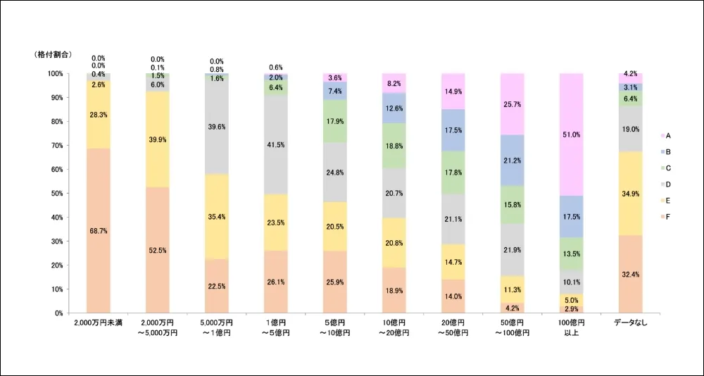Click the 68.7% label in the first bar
click(99, 231)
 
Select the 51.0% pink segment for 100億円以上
click(572, 134)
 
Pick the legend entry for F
click(667, 216)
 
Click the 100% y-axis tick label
click(55, 73)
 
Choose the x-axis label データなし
click(631, 323)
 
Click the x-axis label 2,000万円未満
click(99, 323)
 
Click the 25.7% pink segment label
click(513, 104)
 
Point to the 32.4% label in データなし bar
click(631, 274)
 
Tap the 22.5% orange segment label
click(217, 286)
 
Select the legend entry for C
click(667, 168)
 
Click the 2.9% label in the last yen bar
click(572, 309)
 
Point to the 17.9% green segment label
click(335, 120)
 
